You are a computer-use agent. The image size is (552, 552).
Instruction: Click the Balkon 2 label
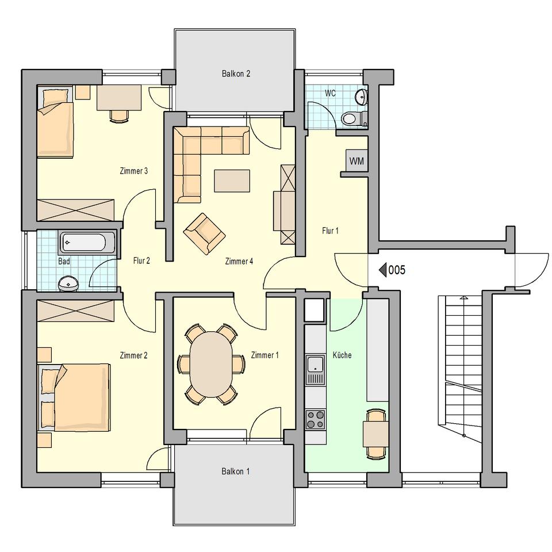tap(236, 74)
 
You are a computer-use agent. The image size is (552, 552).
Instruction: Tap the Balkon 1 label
tap(236, 471)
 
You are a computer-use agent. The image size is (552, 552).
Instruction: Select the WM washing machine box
tap(356, 161)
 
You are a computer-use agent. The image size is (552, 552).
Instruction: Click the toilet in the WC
tap(353, 118)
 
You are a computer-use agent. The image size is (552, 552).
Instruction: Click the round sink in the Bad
tap(68, 283)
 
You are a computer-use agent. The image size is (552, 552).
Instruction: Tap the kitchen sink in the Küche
tap(316, 365)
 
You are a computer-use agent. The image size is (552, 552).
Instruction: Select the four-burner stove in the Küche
tap(316, 419)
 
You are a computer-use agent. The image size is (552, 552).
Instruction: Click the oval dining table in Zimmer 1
tap(211, 365)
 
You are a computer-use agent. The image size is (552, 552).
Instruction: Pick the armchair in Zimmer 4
tap(204, 233)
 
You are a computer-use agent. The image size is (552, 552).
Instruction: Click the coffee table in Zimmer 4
tap(232, 181)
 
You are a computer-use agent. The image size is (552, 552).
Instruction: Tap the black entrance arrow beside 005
tap(383, 270)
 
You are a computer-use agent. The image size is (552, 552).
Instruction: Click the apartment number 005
tap(397, 270)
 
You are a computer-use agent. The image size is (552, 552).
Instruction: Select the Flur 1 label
tap(330, 231)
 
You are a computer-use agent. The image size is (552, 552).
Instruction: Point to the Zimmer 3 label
tap(134, 171)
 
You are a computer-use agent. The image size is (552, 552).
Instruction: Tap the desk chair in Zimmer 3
tap(119, 116)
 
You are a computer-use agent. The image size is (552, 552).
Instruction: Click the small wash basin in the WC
tap(361, 96)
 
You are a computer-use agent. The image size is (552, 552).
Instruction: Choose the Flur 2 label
tap(141, 260)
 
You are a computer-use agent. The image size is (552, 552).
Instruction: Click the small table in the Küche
tap(375, 434)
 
